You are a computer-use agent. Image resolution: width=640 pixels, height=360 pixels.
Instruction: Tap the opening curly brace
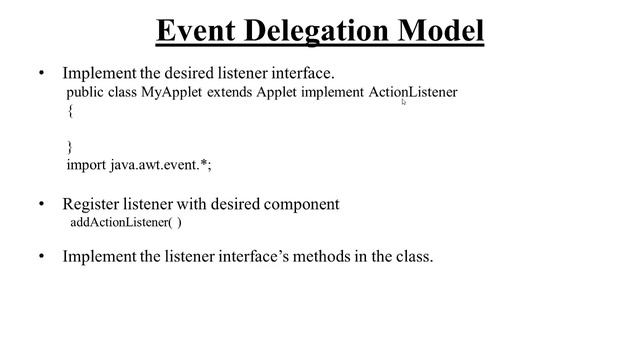coord(70,111)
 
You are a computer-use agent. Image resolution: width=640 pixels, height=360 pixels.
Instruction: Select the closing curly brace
coord(70,146)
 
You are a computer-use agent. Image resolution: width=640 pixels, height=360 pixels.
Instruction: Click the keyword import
coord(86,165)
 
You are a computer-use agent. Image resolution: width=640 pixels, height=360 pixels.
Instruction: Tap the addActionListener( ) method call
coord(126,222)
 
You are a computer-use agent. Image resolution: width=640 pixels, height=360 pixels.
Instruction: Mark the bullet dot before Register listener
coord(41,204)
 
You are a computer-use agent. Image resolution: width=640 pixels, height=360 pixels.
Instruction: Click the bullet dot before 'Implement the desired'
coord(41,73)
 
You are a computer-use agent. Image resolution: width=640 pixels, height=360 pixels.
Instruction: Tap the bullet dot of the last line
coord(41,256)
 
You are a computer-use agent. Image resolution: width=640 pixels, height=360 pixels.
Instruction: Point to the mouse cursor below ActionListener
coord(404,101)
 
